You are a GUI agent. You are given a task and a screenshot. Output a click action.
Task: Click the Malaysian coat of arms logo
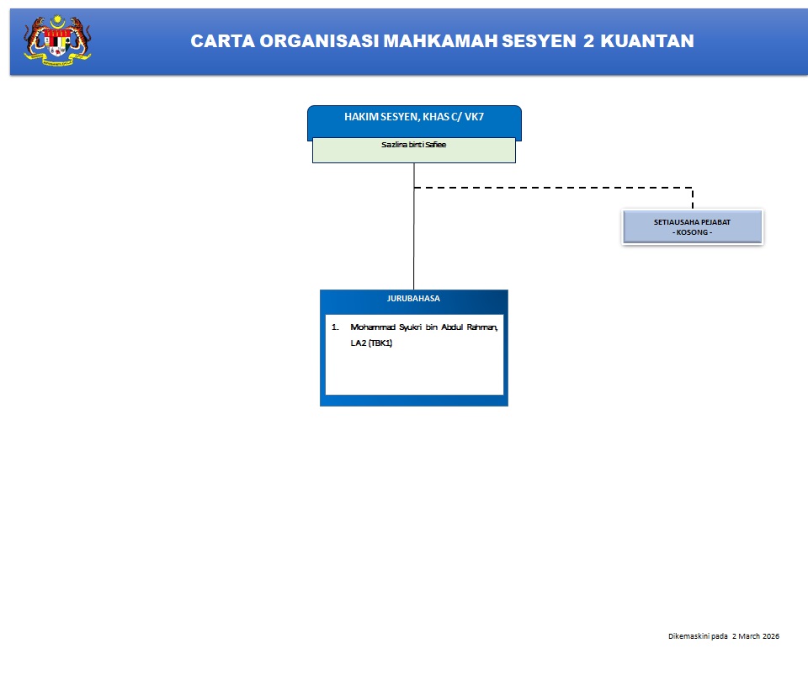point(57,40)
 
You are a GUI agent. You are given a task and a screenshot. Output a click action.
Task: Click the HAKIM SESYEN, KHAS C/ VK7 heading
point(414,117)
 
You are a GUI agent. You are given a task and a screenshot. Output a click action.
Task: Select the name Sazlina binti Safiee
point(414,145)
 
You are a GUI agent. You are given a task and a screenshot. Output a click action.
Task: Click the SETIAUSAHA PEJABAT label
point(692,221)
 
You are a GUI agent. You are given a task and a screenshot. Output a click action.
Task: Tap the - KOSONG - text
point(692,232)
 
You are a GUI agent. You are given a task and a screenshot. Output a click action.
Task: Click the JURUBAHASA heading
point(413,298)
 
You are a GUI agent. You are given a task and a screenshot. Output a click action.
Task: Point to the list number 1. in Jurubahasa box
point(334,326)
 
